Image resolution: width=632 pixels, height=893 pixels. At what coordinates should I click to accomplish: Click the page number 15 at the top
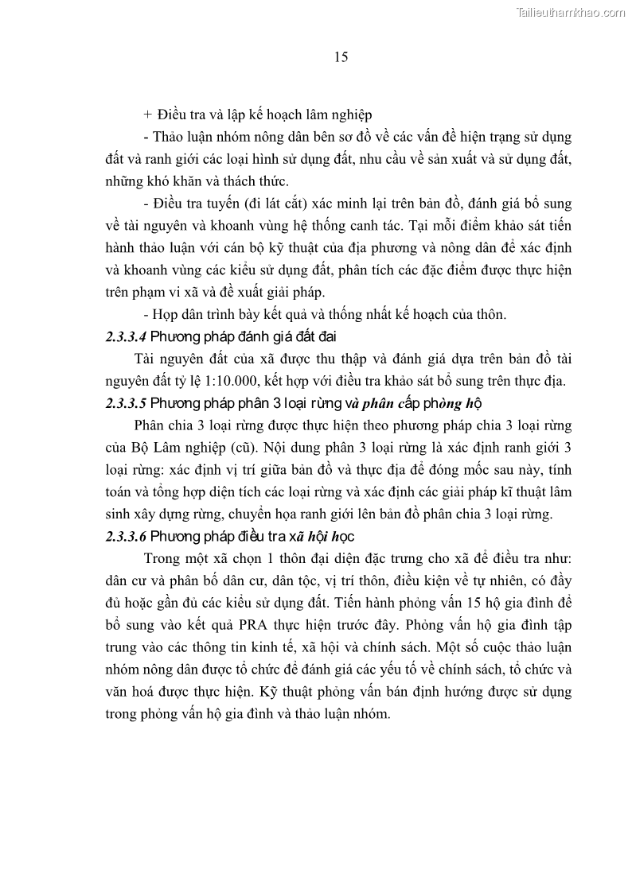[x=338, y=56]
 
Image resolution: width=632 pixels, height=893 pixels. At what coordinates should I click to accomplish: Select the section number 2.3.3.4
[x=126, y=336]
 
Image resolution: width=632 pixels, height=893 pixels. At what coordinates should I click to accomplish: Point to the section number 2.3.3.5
[x=126, y=402]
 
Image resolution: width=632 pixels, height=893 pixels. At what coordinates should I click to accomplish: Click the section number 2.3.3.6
[x=126, y=536]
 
